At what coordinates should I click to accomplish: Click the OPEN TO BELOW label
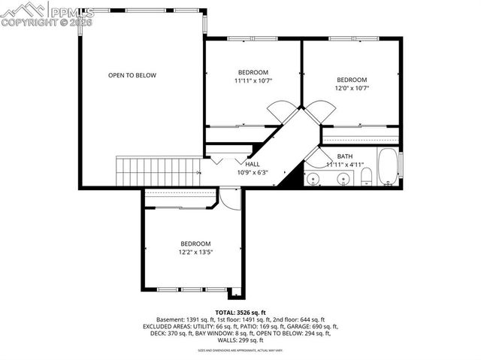coord(132,75)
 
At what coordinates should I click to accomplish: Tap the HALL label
coord(253,163)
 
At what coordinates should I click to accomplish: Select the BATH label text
coord(334,156)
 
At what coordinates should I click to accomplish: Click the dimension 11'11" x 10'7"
coord(253,80)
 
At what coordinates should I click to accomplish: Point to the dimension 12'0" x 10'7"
coord(352,89)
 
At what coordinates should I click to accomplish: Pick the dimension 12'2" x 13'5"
coord(195,253)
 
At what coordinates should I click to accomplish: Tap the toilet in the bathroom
coord(366,177)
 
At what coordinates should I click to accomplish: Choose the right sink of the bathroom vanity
coord(343,178)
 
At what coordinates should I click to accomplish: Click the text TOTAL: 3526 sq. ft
coord(240,312)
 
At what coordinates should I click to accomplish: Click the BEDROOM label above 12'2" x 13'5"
coord(195,244)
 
